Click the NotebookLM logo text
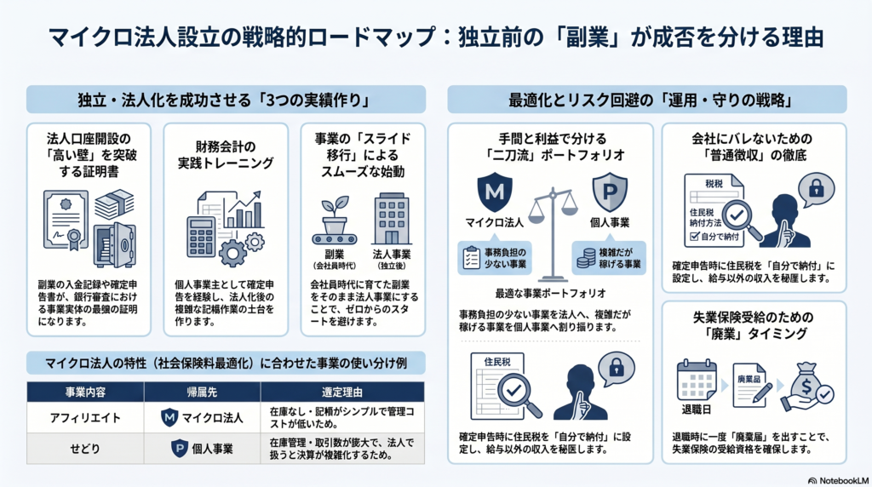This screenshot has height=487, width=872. [839, 481]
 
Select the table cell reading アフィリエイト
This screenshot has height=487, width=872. [85, 418]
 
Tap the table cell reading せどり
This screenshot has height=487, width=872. [85, 449]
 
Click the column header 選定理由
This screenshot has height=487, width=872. [342, 392]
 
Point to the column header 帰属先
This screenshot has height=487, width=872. [202, 392]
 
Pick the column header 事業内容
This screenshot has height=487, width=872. [85, 392]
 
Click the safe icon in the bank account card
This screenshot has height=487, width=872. [115, 245]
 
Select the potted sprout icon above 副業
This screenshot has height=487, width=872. [334, 221]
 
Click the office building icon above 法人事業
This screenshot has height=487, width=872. [392, 219]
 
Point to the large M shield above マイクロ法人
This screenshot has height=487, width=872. [495, 192]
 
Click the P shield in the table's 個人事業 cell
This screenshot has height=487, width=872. [179, 448]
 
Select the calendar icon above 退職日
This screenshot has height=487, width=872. [697, 380]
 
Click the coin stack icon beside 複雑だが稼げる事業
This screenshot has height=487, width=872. [586, 259]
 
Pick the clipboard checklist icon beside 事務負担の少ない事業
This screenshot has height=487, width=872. [471, 258]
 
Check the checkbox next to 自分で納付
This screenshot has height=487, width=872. [694, 237]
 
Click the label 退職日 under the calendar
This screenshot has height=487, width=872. [697, 410]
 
